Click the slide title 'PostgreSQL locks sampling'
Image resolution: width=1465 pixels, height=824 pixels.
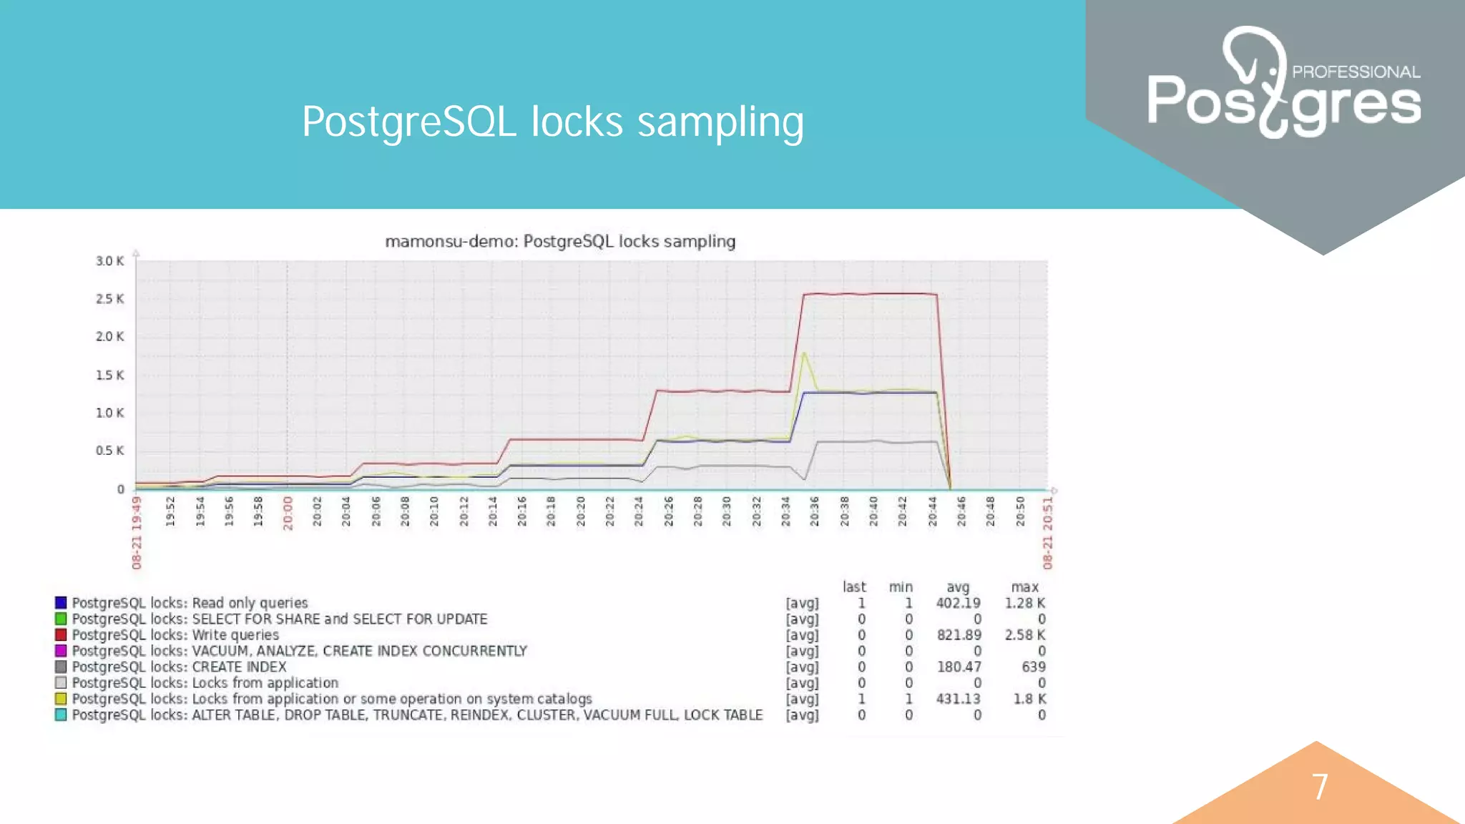tap(552, 122)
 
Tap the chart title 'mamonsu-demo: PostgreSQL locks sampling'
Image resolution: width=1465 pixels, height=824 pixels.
tap(560, 242)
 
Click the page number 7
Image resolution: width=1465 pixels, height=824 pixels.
tap(1320, 787)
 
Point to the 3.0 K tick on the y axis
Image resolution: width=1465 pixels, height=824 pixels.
tap(109, 261)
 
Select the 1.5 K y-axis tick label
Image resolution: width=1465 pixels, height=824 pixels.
tap(109, 375)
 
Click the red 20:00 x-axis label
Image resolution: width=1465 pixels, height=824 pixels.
tap(288, 513)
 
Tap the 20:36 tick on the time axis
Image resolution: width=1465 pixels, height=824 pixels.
tap(814, 512)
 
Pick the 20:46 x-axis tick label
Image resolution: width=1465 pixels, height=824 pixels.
tap(961, 512)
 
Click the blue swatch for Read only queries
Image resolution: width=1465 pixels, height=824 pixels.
tap(61, 603)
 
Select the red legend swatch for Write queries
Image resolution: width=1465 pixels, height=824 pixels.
tap(61, 634)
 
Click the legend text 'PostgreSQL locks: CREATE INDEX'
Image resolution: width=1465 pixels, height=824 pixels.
tap(179, 667)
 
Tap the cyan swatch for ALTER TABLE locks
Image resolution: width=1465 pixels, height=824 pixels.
tap(61, 715)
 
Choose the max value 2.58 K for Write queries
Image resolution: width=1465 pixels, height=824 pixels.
tap(1024, 634)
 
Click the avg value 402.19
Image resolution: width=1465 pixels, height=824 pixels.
tap(958, 603)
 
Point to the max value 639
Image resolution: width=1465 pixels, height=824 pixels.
tap(1033, 667)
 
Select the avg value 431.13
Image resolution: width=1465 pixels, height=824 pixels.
tap(958, 699)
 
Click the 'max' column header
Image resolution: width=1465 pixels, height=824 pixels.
tap(1024, 587)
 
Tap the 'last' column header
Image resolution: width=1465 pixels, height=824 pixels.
tap(854, 587)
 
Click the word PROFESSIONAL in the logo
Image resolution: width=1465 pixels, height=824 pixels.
tap(1356, 72)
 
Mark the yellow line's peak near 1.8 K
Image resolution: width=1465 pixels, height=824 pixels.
tap(805, 353)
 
